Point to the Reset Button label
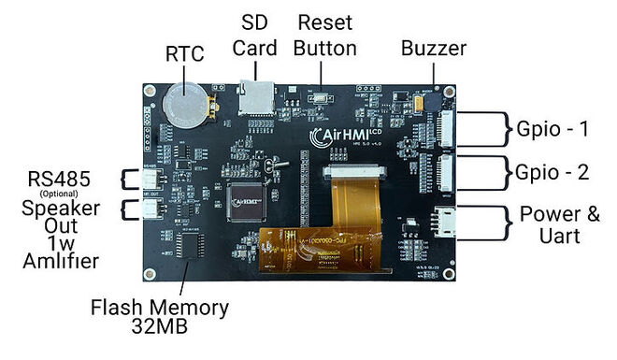point(324,35)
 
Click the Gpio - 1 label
point(551,127)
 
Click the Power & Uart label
point(561,225)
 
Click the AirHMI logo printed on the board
point(345,137)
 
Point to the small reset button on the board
point(324,97)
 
